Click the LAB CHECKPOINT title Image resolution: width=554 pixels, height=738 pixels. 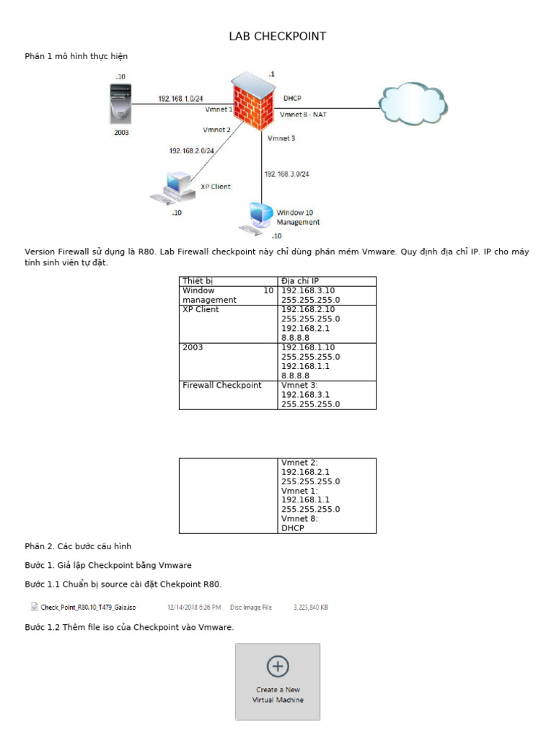pos(277,37)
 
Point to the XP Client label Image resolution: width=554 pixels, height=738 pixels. pos(215,187)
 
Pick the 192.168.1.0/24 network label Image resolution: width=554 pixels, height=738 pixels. pos(180,99)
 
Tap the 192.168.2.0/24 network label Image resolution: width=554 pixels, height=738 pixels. pos(191,151)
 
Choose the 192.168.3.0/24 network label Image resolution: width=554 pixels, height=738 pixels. pos(286,174)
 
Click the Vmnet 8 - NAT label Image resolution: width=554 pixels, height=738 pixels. pos(303,114)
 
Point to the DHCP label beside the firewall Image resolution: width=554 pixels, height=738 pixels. pos(292,98)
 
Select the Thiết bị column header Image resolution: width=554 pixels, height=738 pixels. pos(198,280)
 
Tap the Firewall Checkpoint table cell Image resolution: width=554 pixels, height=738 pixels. pos(222,386)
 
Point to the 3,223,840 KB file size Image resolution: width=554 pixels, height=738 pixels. pos(311,608)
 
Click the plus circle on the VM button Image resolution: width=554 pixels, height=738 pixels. pos(278,667)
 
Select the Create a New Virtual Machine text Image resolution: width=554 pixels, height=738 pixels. pos(278,695)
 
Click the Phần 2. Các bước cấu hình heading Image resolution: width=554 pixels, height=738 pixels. pos(78,546)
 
